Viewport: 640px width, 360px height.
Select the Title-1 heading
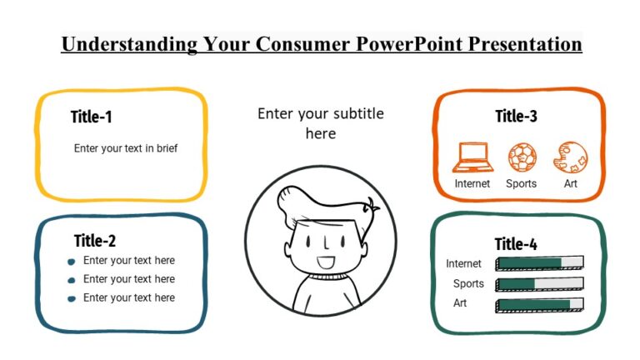coord(91,117)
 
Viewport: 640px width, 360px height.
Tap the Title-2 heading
coord(94,241)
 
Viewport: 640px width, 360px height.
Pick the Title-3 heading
coord(516,116)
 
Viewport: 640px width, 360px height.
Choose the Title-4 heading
coord(516,243)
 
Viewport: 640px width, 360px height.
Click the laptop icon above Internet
coord(472,157)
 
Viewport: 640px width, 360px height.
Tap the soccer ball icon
coord(522,157)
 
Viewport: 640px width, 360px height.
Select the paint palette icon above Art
coord(572,157)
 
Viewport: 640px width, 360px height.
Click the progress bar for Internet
coord(540,264)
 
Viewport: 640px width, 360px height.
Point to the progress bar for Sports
coord(540,284)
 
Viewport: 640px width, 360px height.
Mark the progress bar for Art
coord(540,304)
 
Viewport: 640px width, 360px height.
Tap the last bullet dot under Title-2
coord(72,298)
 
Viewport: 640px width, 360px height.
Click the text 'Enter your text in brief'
coord(126,148)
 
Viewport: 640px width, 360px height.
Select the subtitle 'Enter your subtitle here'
coord(320,123)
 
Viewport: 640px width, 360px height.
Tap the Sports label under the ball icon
coord(522,183)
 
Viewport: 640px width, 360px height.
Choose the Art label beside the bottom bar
coord(460,303)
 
